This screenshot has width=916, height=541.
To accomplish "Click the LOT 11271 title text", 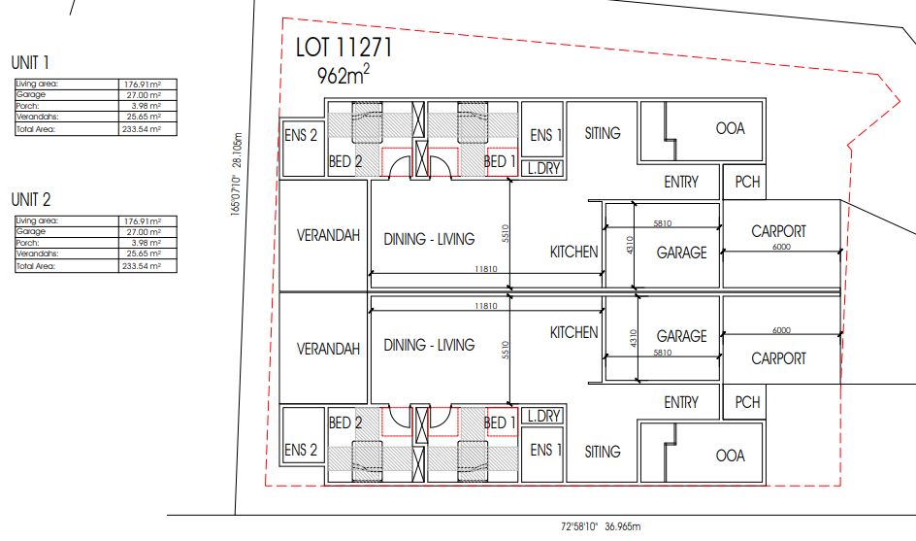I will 343,48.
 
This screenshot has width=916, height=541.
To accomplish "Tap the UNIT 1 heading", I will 31,62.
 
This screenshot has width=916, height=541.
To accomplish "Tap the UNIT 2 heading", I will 31,199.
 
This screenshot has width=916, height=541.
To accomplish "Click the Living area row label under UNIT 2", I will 38,221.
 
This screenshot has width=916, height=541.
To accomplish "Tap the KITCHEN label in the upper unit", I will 573,252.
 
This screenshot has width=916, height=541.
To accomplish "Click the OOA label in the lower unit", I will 730,456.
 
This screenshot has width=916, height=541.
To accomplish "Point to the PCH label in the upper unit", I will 746,182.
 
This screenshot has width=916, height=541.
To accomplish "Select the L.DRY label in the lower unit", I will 541,416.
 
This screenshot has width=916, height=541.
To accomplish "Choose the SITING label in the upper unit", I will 603,133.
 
